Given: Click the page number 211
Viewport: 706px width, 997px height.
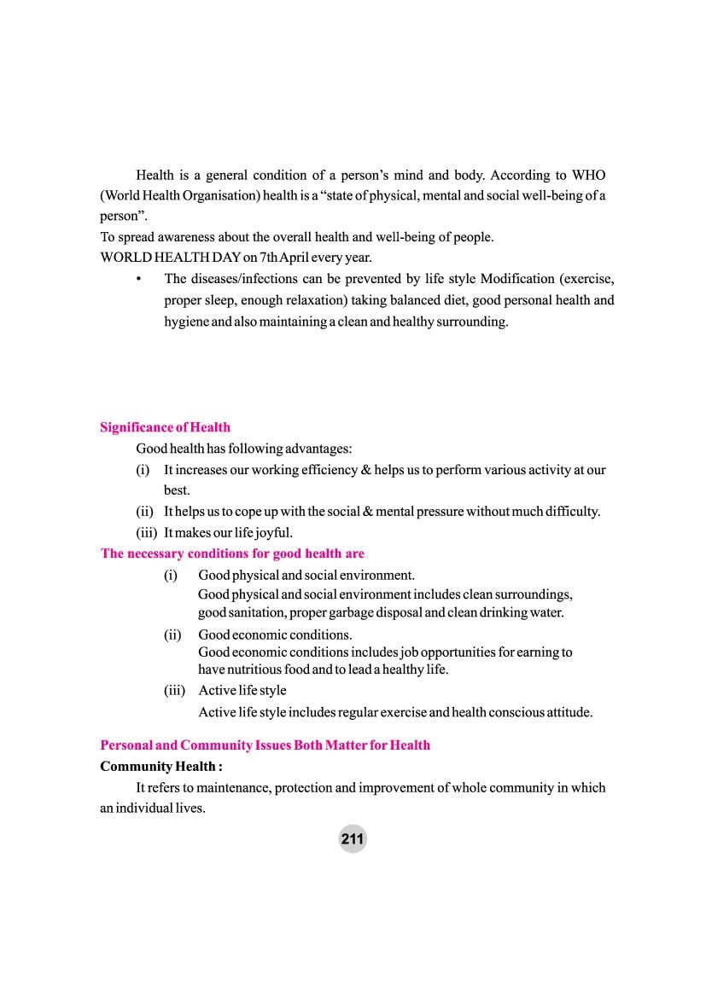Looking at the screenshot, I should (x=352, y=839).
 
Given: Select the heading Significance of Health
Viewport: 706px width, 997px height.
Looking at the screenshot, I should (x=165, y=427).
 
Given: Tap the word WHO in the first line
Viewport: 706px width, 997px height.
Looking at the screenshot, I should (x=588, y=175).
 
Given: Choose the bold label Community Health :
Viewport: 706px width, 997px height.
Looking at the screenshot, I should (x=161, y=766).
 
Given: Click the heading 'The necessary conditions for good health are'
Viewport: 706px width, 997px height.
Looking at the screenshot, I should (x=232, y=554).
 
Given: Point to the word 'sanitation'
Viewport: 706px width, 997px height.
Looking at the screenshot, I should (x=255, y=612).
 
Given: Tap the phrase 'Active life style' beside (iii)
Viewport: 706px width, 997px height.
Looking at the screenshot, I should (x=242, y=690).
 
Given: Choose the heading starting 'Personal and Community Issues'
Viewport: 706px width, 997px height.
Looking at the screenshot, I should (x=265, y=745).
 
